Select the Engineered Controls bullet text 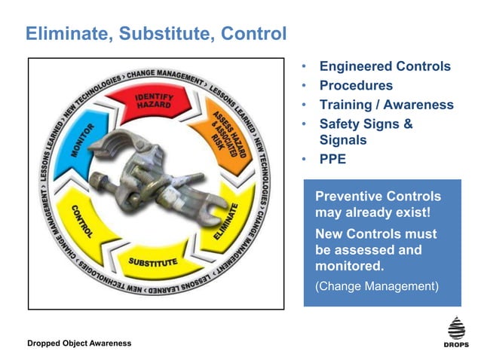(384, 66)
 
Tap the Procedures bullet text (356, 86)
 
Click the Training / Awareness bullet (386, 105)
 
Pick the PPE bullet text (332, 159)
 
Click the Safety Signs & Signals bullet (366, 132)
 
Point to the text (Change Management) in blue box (376, 286)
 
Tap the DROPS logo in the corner (456, 331)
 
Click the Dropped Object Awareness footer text (78, 343)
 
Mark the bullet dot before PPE (304, 160)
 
